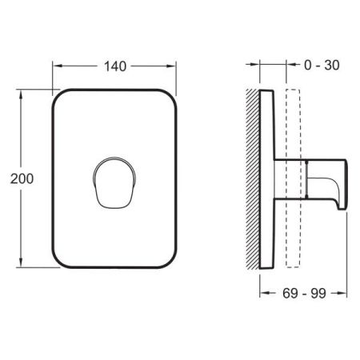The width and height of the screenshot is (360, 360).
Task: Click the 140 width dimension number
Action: (115, 66)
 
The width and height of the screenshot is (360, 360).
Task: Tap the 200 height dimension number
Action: (22, 179)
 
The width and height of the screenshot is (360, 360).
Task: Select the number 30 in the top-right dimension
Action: (327, 65)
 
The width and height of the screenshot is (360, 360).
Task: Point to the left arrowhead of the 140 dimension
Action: (56, 66)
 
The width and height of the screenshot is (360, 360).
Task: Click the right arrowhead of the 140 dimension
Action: (172, 66)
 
